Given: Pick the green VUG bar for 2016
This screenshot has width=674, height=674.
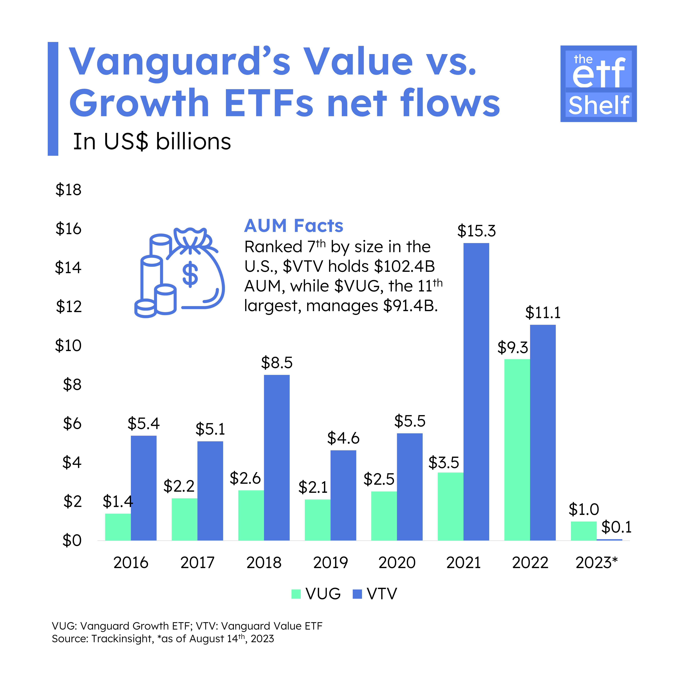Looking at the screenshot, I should (x=118, y=527).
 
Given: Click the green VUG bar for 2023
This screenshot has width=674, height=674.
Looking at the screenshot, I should (x=584, y=531).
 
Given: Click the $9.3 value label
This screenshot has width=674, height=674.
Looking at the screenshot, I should (x=513, y=348).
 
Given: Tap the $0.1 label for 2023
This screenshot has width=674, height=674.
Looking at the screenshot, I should (x=616, y=527).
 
